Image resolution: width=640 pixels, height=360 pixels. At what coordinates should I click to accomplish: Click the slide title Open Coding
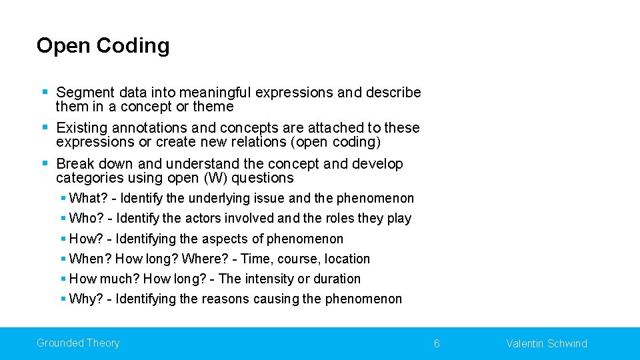tap(103, 45)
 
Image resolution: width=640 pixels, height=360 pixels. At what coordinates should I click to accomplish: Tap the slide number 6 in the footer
tap(437, 343)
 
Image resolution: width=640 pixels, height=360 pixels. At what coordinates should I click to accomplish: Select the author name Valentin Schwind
tap(547, 343)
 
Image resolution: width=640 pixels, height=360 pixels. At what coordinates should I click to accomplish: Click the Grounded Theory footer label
tap(78, 343)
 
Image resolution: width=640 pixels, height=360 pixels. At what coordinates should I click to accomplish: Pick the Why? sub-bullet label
tap(85, 299)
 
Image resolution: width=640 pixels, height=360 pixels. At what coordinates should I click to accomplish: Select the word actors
tap(202, 218)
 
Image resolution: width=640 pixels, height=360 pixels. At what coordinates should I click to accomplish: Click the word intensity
tap(270, 279)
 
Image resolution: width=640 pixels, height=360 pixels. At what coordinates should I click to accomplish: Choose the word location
tap(347, 259)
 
